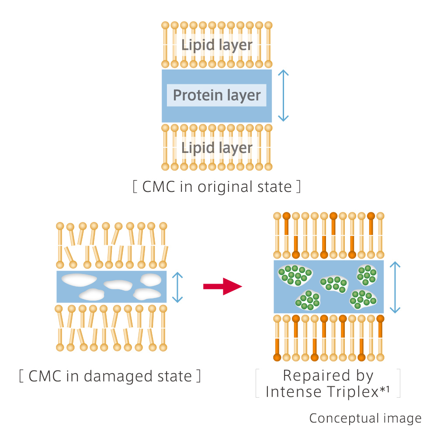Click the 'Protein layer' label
coord(217,95)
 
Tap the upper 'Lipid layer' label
coord(217,45)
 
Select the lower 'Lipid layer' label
coord(217,147)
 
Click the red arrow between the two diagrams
coord(222,287)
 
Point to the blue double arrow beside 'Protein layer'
coord(284,95)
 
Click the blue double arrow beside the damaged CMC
coord(177,287)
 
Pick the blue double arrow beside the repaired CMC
coord(395,287)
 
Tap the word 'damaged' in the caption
coord(121,376)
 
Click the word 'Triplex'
coord(351,392)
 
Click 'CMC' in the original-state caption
coord(158,187)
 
